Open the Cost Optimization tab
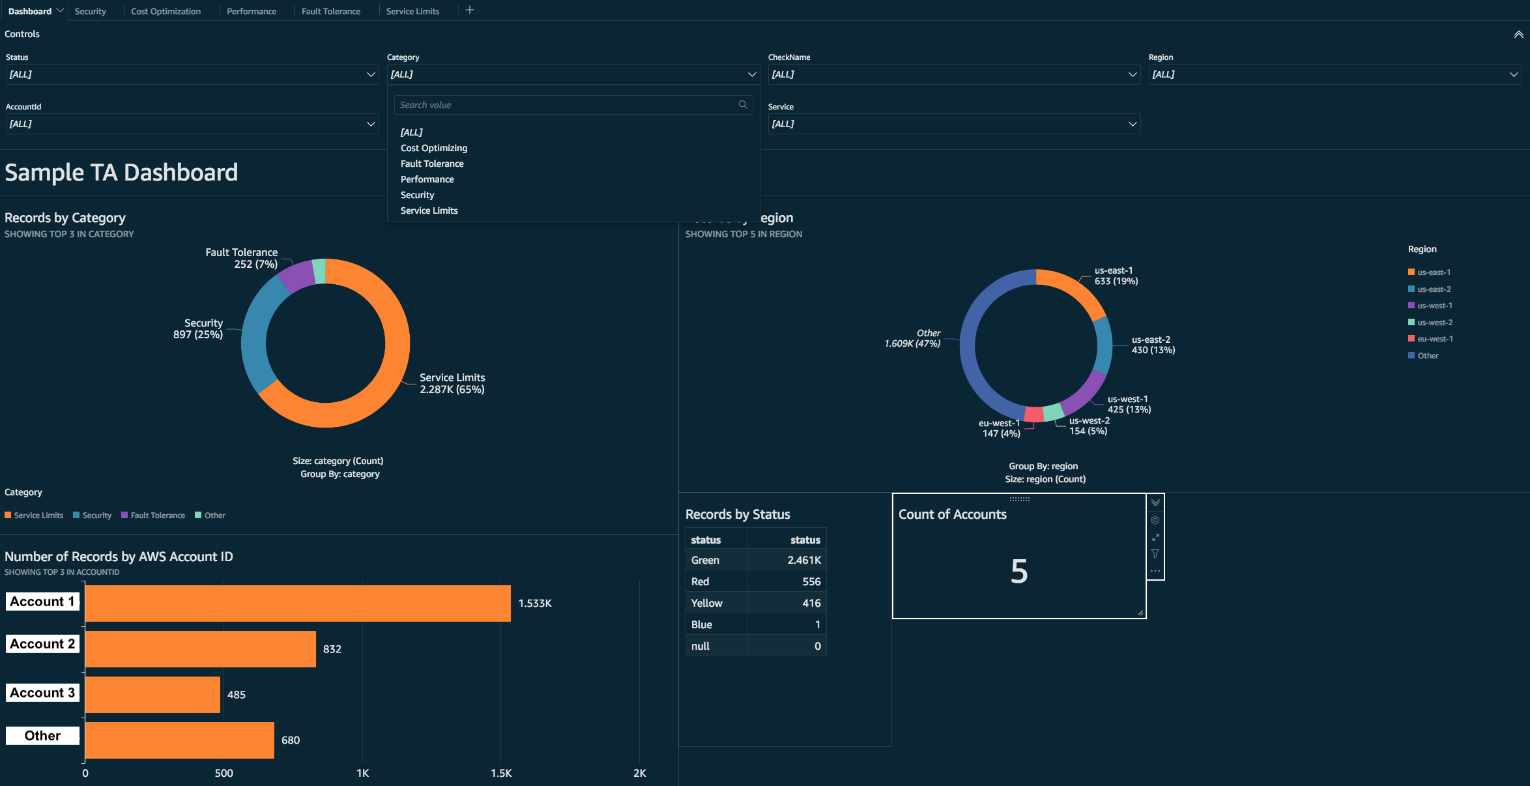click(x=166, y=11)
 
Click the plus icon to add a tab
click(x=470, y=10)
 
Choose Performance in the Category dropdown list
click(x=427, y=179)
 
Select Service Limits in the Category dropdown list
click(x=429, y=211)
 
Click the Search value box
click(x=567, y=105)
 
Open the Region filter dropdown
click(x=1334, y=74)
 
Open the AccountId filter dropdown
click(x=192, y=124)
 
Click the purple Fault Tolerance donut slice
click(x=297, y=276)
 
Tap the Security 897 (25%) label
click(x=198, y=328)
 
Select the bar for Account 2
click(x=200, y=648)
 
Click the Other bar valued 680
click(x=179, y=740)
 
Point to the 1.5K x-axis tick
click(x=500, y=773)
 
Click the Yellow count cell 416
click(x=811, y=603)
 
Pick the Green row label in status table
click(x=705, y=560)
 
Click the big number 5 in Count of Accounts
click(x=1018, y=572)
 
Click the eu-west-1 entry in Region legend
click(x=1434, y=339)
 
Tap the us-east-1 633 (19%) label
click(x=1116, y=276)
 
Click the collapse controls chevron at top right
click(x=1518, y=35)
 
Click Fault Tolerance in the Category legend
click(x=157, y=516)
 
